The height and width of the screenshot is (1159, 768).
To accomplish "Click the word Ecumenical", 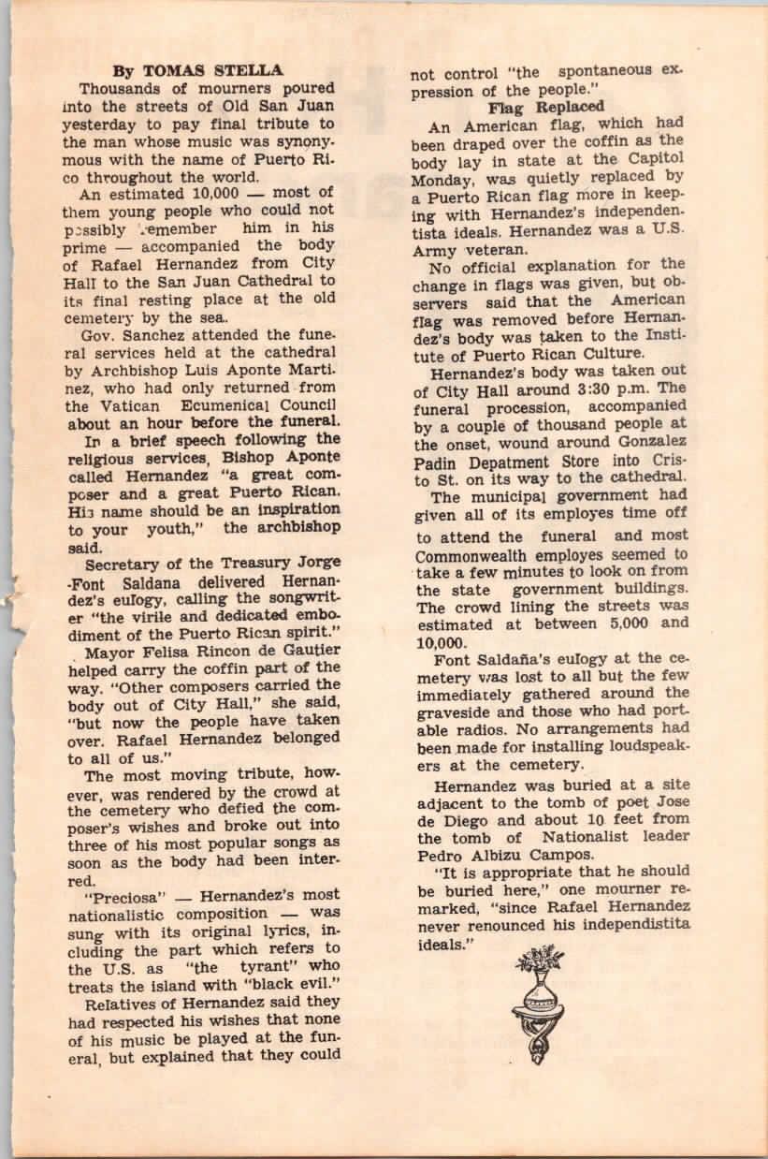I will pos(222,408).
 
